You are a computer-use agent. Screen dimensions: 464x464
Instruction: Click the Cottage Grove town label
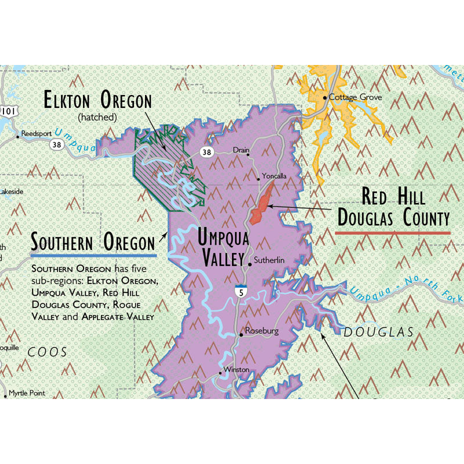[x=355, y=97]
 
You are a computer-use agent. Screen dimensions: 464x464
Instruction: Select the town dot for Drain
[x=248, y=155]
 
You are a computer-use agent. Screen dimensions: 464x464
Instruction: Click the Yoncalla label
[x=274, y=176]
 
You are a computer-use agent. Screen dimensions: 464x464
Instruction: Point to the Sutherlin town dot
[x=250, y=264]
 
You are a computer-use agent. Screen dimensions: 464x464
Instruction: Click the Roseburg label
[x=262, y=331]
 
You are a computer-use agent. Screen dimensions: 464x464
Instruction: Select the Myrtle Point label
[x=27, y=393]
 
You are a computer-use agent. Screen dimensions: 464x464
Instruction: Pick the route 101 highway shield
[x=8, y=110]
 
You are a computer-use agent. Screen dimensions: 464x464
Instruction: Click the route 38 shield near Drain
[x=207, y=152]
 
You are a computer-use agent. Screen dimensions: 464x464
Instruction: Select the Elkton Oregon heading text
[x=97, y=101]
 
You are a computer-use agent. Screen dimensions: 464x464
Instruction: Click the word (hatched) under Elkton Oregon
[x=97, y=117]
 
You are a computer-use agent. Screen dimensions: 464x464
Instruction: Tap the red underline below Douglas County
[x=393, y=232]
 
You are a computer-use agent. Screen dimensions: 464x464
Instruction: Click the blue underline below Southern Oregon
[x=93, y=255]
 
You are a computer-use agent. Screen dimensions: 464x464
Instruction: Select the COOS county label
[x=48, y=351]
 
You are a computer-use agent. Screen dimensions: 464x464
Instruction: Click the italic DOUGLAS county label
[x=378, y=332]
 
